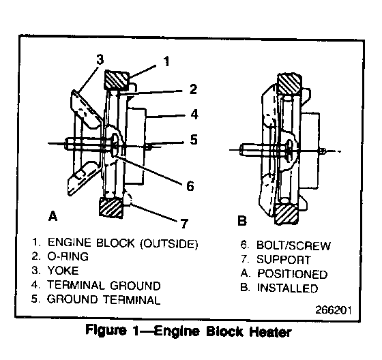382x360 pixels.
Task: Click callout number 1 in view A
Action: [166, 61]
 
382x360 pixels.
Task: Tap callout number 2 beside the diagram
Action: [193, 89]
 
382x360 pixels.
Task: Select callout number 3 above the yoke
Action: [100, 59]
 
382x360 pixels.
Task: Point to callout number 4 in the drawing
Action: [194, 115]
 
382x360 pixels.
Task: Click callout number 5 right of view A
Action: [194, 140]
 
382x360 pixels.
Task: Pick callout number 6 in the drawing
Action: [190, 186]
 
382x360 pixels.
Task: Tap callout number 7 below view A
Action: [184, 224]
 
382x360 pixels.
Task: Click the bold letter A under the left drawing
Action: [53, 216]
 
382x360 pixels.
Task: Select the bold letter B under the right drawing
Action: [242, 221]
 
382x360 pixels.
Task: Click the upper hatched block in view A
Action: [117, 80]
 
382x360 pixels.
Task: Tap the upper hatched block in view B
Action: [289, 83]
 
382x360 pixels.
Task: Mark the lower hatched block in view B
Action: [286, 214]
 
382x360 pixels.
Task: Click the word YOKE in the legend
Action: [63, 271]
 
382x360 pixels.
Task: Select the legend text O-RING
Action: [68, 256]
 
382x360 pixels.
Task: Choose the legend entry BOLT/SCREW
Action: [293, 245]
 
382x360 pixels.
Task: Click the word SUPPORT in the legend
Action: [284, 260]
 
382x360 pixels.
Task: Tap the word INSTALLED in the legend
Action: [287, 288]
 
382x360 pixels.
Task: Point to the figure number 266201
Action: [334, 310]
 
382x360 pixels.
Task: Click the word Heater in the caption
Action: [270, 332]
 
